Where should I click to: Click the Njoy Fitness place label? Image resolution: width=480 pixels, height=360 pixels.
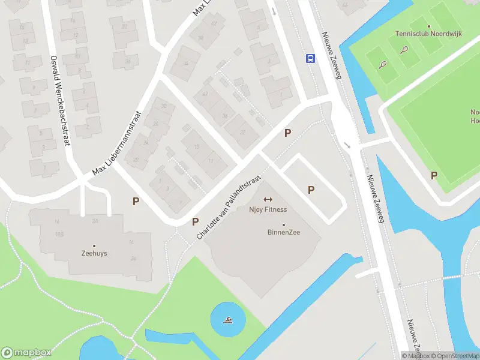pos(268,209)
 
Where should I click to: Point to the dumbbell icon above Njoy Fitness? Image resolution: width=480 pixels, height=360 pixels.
pos(268,200)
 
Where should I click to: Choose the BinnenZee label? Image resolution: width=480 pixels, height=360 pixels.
pos(284,232)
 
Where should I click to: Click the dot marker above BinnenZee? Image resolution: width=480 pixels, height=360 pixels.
pos(284,225)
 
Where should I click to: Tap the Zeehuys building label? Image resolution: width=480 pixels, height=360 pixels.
pos(94,253)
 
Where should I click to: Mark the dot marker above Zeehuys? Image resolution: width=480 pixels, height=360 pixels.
pos(94,245)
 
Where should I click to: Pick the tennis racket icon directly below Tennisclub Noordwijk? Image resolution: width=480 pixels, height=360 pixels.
pos(405,50)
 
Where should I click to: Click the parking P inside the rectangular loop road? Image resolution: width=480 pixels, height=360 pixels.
pos(311,190)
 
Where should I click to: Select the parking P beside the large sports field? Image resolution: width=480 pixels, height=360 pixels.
pos(433,175)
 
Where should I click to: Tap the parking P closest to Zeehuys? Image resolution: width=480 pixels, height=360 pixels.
pos(136,202)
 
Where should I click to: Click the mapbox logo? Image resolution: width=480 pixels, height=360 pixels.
pos(26,352)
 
